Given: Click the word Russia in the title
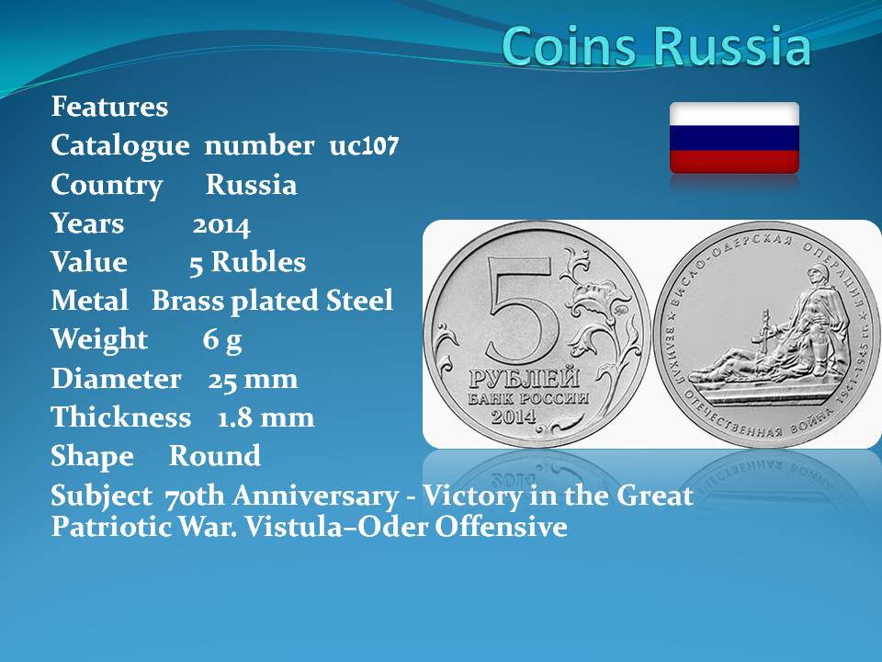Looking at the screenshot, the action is [732, 45].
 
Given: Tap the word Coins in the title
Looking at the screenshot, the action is [571, 45].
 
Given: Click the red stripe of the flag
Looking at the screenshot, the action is [734, 162].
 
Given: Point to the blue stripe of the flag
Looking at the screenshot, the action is [734, 138].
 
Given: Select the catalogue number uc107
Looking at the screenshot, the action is [364, 146].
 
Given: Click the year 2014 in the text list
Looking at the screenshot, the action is [221, 226].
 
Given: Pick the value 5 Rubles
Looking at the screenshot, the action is [247, 262].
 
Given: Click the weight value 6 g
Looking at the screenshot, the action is [222, 340].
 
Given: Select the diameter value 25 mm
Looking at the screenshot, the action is [254, 380].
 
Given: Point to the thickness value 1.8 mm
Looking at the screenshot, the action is [266, 417].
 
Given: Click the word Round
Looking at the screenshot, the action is [215, 455].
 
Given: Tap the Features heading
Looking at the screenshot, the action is [109, 107].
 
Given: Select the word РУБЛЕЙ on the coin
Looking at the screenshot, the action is [525, 378].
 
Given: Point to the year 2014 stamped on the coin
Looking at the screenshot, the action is [514, 416].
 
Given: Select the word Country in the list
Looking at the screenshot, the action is [107, 186].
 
